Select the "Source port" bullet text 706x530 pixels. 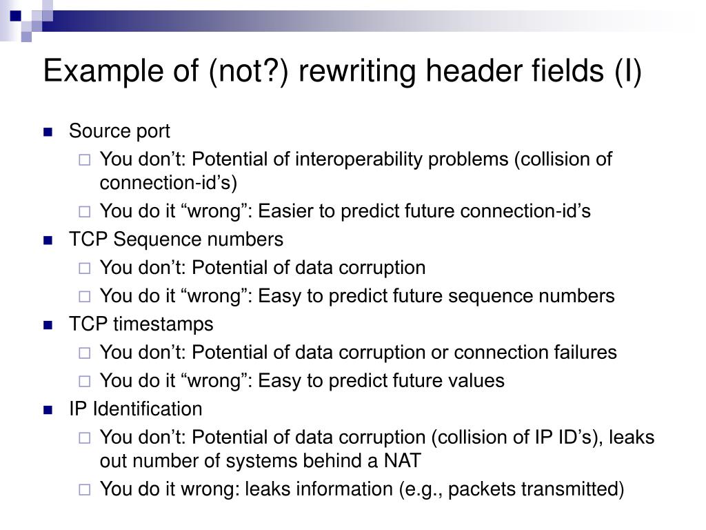pos(119,131)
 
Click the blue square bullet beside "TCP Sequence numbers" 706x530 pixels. pos(48,240)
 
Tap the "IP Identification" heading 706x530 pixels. pos(135,409)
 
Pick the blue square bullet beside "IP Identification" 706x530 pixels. pos(48,410)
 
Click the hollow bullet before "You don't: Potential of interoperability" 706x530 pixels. pos(84,160)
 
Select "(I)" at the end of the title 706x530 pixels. pos(627,72)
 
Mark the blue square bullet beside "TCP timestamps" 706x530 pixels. pos(48,325)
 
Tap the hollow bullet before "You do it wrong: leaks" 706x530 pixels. pos(84,490)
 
